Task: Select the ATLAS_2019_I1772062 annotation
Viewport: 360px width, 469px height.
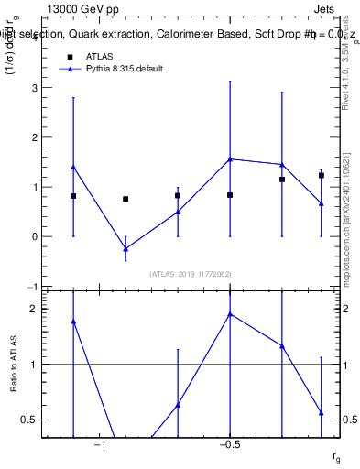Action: coord(191,273)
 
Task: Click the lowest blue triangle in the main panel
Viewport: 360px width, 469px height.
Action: coord(125,248)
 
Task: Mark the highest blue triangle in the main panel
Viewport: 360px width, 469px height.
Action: coord(230,159)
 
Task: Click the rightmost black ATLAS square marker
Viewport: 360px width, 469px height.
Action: coord(322,175)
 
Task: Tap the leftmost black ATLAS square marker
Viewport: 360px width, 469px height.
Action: coord(73,196)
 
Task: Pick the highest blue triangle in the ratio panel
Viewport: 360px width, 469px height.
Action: coord(230,314)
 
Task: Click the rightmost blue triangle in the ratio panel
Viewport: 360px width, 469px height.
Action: coord(322,413)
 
